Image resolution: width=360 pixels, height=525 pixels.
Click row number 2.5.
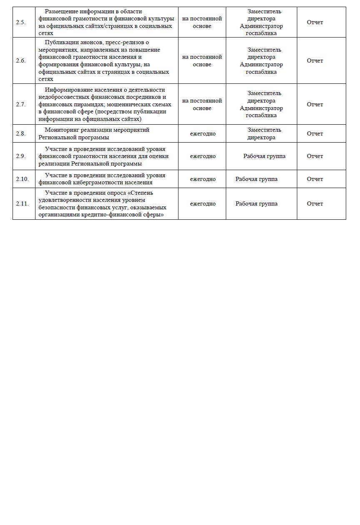click(21, 23)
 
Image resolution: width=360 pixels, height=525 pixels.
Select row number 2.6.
click(21, 61)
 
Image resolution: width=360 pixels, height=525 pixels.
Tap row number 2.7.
click(21, 105)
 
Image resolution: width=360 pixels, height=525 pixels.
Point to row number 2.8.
click(21, 134)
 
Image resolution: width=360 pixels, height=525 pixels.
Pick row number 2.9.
click(21, 156)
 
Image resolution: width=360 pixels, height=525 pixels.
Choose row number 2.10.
click(22, 179)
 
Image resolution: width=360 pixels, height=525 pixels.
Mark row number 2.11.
click(22, 204)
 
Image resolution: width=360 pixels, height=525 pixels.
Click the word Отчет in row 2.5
click(315, 23)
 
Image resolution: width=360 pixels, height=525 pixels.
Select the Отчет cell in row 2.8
click(315, 134)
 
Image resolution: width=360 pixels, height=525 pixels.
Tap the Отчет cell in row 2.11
click(315, 204)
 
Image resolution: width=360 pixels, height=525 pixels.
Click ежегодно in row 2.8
click(202, 134)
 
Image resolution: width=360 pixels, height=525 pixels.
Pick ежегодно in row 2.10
click(202, 179)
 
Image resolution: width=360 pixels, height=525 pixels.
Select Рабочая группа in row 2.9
click(264, 156)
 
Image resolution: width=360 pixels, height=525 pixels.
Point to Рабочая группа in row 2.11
click(256, 204)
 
